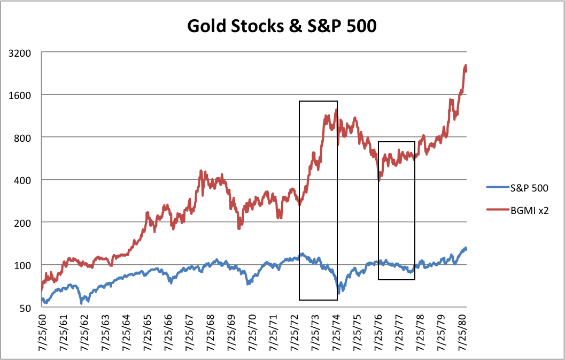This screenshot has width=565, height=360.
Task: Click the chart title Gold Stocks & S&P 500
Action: click(282, 25)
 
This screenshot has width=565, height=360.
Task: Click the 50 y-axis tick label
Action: click(28, 307)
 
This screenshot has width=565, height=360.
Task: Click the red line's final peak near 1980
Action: click(466, 66)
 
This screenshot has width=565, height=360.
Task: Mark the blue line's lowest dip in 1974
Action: click(339, 293)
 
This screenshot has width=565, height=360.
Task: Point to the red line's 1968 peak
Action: click(201, 172)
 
